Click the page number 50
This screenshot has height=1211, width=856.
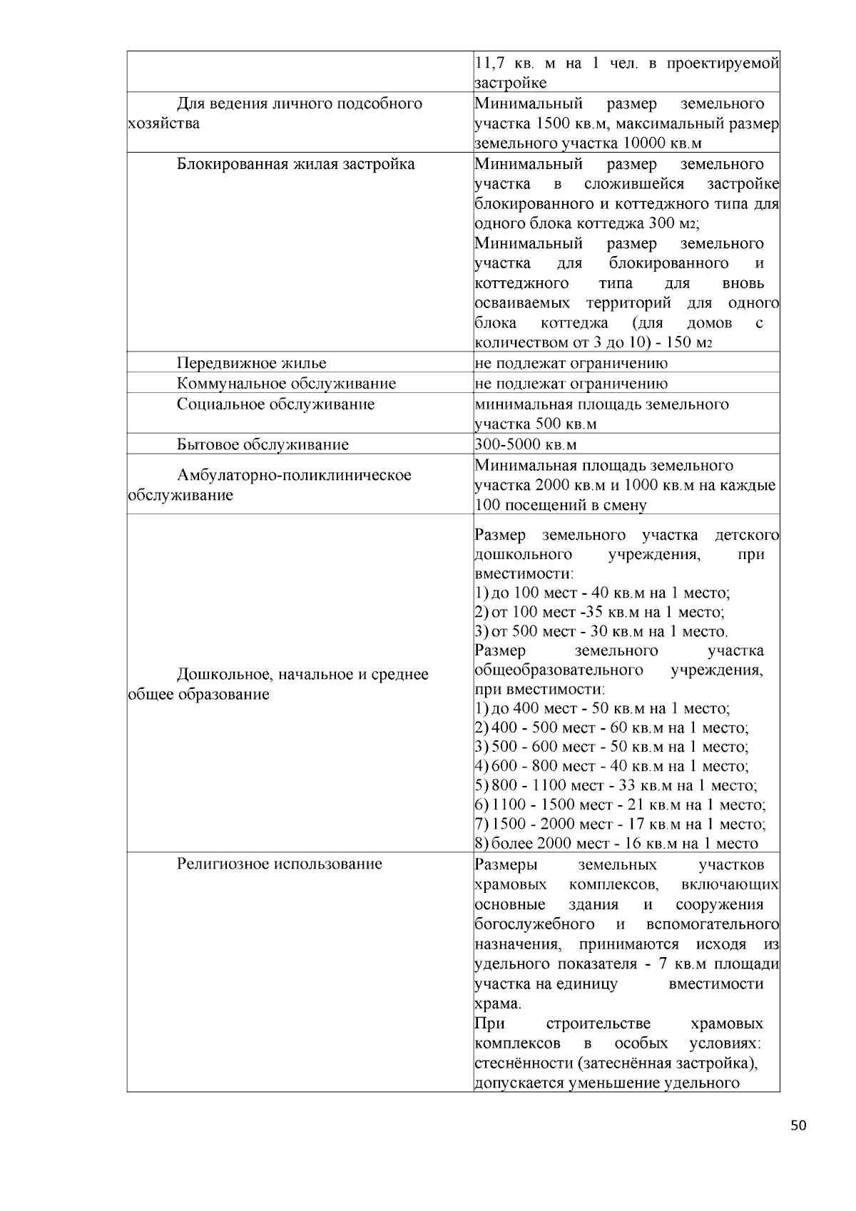click(x=799, y=1126)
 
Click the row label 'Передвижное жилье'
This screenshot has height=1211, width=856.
click(x=251, y=363)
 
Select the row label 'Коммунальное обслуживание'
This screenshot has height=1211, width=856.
click(x=286, y=384)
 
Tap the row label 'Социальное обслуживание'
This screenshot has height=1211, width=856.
click(x=275, y=404)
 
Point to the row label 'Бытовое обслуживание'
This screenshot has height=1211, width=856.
click(x=263, y=445)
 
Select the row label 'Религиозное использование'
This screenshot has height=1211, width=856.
click(x=279, y=864)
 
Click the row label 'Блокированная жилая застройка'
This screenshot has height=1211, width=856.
click(x=295, y=164)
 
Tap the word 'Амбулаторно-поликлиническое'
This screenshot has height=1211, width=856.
click(x=294, y=475)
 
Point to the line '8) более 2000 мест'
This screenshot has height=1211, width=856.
click(x=616, y=844)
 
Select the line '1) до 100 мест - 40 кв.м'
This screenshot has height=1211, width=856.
click(x=602, y=593)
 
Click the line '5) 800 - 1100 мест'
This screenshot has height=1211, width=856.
click(x=616, y=786)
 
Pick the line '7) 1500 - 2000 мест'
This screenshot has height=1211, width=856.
click(x=620, y=824)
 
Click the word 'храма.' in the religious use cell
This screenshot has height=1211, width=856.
click(x=498, y=1004)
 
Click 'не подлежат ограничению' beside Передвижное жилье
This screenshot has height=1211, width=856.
click(x=571, y=363)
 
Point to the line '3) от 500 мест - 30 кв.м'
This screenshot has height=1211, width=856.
click(x=601, y=632)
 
